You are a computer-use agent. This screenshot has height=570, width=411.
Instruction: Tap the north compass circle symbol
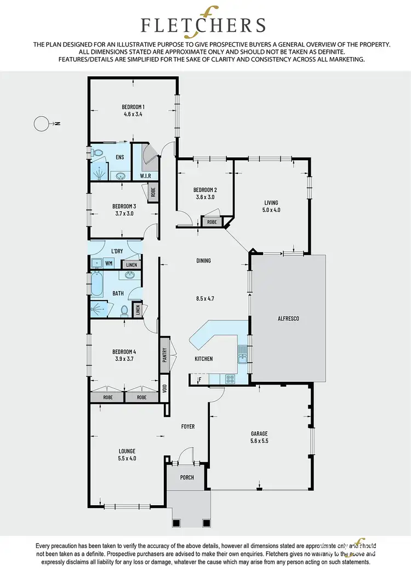tap(41, 124)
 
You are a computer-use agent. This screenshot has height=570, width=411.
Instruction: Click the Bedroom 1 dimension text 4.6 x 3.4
tap(133, 115)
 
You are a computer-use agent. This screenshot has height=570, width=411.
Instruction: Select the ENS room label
tap(119, 157)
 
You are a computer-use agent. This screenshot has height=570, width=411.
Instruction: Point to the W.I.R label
tap(145, 176)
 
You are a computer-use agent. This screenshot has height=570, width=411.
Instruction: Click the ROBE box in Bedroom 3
tap(153, 192)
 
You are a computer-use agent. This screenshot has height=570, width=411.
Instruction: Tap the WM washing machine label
tap(109, 263)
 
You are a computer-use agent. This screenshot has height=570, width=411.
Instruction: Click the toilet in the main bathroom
tap(125, 311)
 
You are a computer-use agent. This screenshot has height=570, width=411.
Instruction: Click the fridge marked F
tap(199, 379)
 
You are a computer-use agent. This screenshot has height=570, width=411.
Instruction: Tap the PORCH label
tap(187, 477)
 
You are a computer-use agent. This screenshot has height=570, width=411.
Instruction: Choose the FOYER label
tap(187, 426)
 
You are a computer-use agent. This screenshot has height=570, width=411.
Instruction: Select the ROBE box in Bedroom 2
tap(212, 222)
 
